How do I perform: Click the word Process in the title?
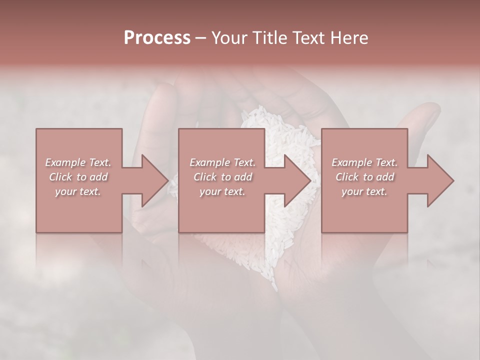click(157, 38)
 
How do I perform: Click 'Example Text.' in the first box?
click(78, 162)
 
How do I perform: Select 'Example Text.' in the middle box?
click(222, 162)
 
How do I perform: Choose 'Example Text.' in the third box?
click(364, 162)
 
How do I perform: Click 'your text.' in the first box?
click(78, 191)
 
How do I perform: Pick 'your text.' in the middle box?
click(222, 191)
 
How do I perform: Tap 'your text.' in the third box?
click(364, 191)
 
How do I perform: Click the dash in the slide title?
click(201, 38)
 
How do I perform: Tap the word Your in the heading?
click(228, 38)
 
